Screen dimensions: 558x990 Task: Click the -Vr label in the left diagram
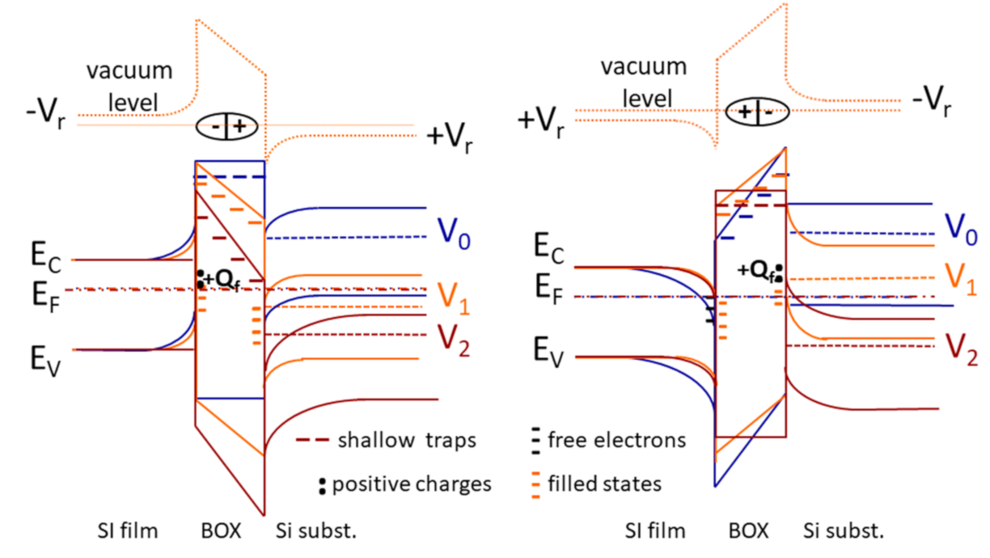[x=40, y=115]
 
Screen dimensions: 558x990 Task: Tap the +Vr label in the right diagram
[x=543, y=121]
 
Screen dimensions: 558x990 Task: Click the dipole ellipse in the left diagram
[x=226, y=126]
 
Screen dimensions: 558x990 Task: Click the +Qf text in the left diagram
[x=222, y=280]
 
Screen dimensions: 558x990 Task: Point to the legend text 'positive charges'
[x=412, y=484]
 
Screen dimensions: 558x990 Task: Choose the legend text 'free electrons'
[x=616, y=440]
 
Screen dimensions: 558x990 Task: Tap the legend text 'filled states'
[x=604, y=484]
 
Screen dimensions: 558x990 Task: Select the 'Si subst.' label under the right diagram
[x=844, y=531]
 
